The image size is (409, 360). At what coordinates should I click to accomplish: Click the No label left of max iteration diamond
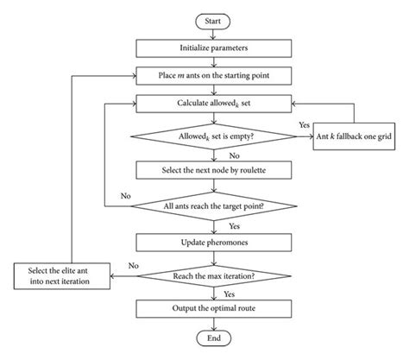tap(133, 266)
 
